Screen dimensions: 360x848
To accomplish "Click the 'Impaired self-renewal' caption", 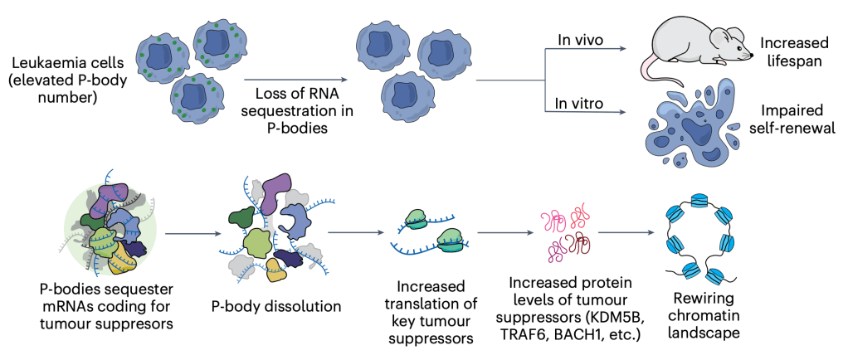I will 798,120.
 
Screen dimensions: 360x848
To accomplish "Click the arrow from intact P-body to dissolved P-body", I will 188,234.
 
